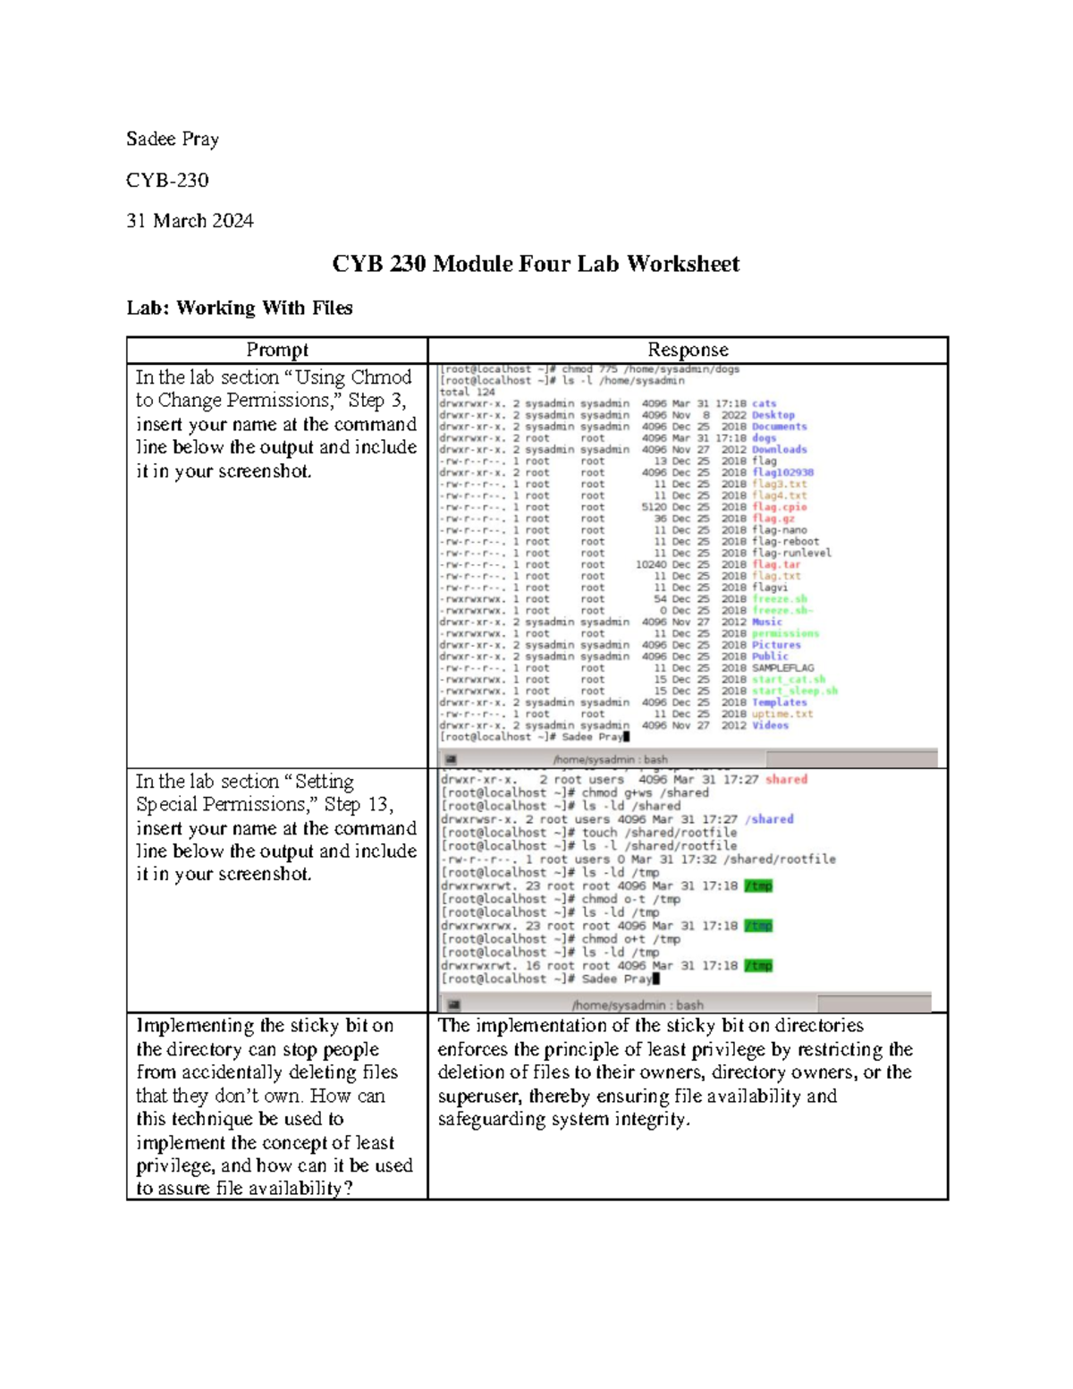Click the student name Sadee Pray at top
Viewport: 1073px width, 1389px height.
[173, 139]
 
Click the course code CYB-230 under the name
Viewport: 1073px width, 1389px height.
[167, 180]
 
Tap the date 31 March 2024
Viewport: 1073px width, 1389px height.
[190, 220]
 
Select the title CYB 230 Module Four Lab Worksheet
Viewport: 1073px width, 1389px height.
[536, 264]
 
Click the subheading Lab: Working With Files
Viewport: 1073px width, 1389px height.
[240, 308]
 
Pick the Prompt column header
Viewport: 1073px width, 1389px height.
[277, 350]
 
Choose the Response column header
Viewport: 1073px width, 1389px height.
[688, 350]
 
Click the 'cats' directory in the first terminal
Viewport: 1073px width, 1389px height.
[764, 403]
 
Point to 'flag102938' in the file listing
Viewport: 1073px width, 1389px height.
[782, 472]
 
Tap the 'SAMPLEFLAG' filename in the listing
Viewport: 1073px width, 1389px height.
[782, 668]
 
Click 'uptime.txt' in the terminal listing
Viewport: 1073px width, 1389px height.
[782, 714]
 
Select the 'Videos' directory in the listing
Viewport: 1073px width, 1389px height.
[770, 725]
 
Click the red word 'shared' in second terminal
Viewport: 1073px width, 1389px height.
[786, 779]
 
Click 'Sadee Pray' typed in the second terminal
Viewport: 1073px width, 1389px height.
[616, 979]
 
